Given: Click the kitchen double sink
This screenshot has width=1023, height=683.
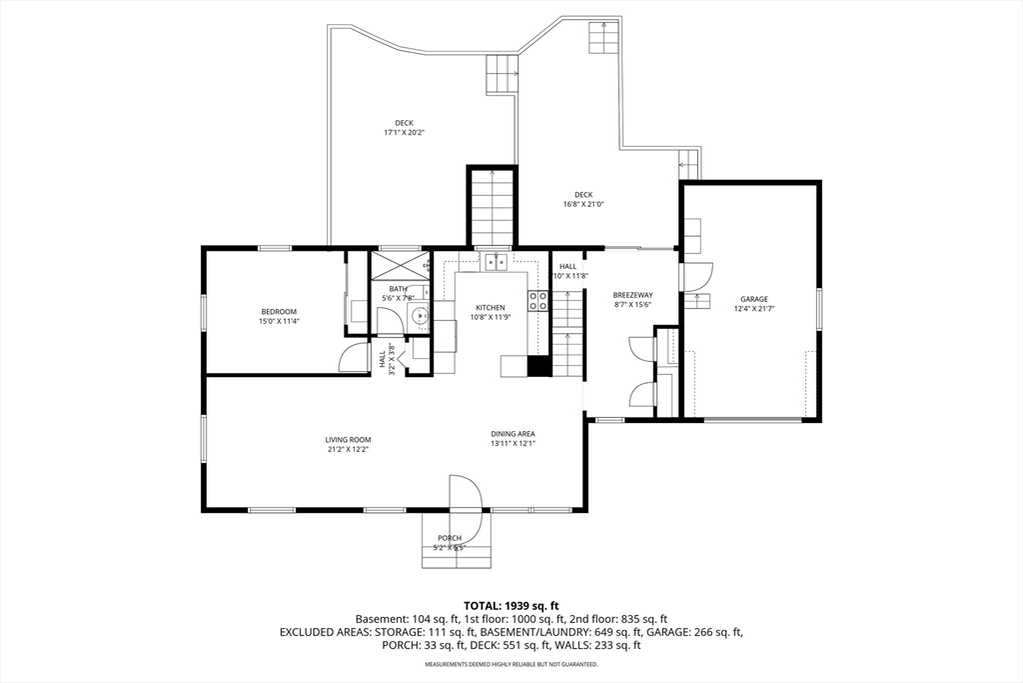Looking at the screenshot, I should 496,262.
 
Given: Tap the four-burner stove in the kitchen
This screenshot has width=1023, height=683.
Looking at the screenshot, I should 538,301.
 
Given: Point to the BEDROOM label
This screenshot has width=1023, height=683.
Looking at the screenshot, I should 279,312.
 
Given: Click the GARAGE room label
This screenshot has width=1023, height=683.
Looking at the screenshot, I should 754,299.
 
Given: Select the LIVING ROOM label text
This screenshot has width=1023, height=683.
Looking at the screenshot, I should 348,439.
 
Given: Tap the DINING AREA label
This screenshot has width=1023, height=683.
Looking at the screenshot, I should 512,433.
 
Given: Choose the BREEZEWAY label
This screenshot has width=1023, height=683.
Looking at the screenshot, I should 632,295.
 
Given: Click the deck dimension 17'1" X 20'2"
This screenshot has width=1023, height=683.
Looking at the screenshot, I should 404,132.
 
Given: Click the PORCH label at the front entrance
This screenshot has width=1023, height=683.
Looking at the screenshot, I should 450,538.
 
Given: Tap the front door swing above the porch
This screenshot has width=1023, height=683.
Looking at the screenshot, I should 465,495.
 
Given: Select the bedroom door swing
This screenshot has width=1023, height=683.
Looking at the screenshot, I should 355,358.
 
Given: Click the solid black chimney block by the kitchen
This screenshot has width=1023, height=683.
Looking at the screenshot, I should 539,366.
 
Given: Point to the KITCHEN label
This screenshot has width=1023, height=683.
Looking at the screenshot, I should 490,307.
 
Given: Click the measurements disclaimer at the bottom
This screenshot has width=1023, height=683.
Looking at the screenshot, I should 511,665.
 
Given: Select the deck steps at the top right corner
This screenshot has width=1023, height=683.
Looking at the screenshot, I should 603,39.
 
